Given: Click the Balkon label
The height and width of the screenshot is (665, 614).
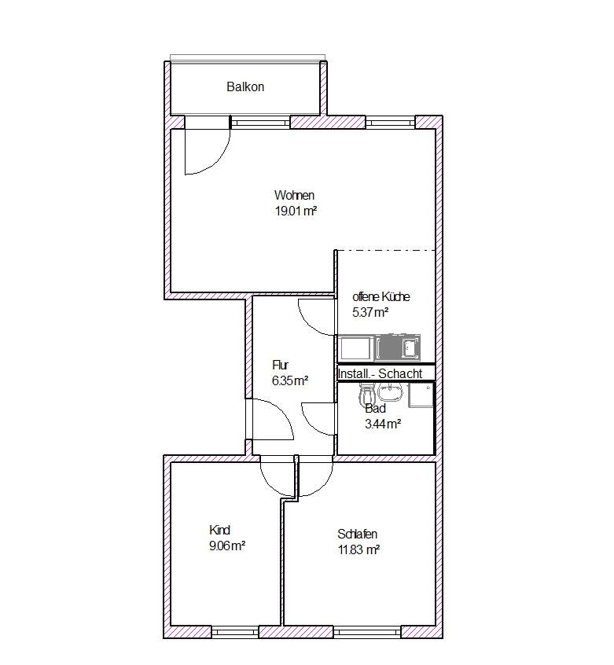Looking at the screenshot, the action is (245, 87).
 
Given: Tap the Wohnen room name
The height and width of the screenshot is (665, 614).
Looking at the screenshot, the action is (294, 195).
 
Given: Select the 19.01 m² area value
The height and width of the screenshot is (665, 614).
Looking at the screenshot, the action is (296, 211).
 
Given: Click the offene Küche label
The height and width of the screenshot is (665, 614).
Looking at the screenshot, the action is (381, 296).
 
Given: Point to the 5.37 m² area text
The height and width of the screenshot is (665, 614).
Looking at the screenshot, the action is (370, 312).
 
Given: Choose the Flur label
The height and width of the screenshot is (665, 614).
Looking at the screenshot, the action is (281, 365).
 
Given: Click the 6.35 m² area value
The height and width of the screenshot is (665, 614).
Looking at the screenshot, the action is (290, 380).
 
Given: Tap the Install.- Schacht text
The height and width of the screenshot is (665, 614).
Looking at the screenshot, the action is (380, 373).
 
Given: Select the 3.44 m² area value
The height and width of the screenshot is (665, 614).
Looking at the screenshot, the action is (384, 424).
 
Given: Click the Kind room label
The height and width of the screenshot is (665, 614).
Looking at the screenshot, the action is (219, 530).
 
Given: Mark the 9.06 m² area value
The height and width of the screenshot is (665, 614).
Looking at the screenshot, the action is (227, 546).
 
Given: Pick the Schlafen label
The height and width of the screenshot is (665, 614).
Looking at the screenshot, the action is (357, 534).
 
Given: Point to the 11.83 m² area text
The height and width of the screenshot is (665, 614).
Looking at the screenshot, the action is (358, 549).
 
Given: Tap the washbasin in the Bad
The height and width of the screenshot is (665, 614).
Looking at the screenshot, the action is (391, 392).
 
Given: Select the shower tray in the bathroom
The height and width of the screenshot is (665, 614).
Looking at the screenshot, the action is (421, 395).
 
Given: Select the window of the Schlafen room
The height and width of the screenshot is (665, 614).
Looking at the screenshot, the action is (367, 632).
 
